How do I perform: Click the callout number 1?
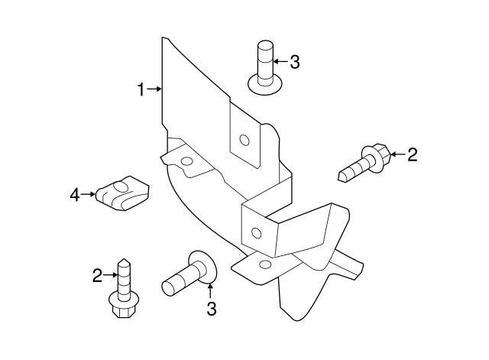coord(141,89)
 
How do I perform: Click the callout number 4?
coord(75,195)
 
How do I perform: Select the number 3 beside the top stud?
coord(295,63)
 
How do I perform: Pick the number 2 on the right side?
coord(413,155)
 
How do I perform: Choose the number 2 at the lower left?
coord(98,275)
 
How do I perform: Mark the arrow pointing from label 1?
coord(154,89)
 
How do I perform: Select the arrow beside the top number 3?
coord(280,63)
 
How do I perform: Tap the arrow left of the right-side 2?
coord(397,155)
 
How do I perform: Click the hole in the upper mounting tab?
coord(244,140)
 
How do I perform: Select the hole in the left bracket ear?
coord(185,161)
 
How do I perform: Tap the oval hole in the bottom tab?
coord(265,264)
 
